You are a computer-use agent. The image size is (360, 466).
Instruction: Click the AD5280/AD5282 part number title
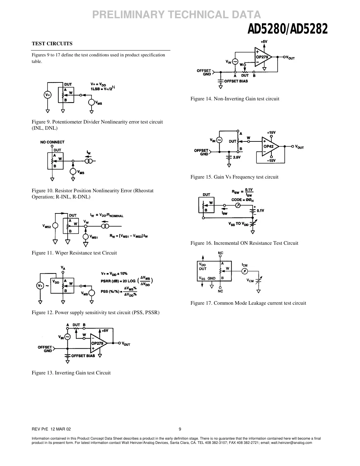[287, 30]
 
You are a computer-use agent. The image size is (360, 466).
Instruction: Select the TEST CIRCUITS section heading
[52, 44]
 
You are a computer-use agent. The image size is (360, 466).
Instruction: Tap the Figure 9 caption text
[97, 125]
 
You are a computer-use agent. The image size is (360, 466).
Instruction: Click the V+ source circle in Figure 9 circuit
[48, 95]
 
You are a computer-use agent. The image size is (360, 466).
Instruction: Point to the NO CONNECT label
[52, 142]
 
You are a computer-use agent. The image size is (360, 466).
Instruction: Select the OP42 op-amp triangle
[270, 146]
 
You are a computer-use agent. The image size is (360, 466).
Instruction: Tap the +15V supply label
[271, 133]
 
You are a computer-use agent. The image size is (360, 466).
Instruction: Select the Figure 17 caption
[248, 303]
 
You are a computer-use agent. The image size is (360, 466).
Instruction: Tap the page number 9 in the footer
[180, 429]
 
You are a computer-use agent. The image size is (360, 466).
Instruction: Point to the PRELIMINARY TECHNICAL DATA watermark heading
[177, 15]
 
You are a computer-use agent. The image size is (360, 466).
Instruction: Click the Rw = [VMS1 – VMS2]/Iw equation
[129, 236]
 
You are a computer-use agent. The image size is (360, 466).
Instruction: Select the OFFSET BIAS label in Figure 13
[83, 356]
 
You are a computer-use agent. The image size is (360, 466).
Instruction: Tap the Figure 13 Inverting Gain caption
[71, 373]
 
